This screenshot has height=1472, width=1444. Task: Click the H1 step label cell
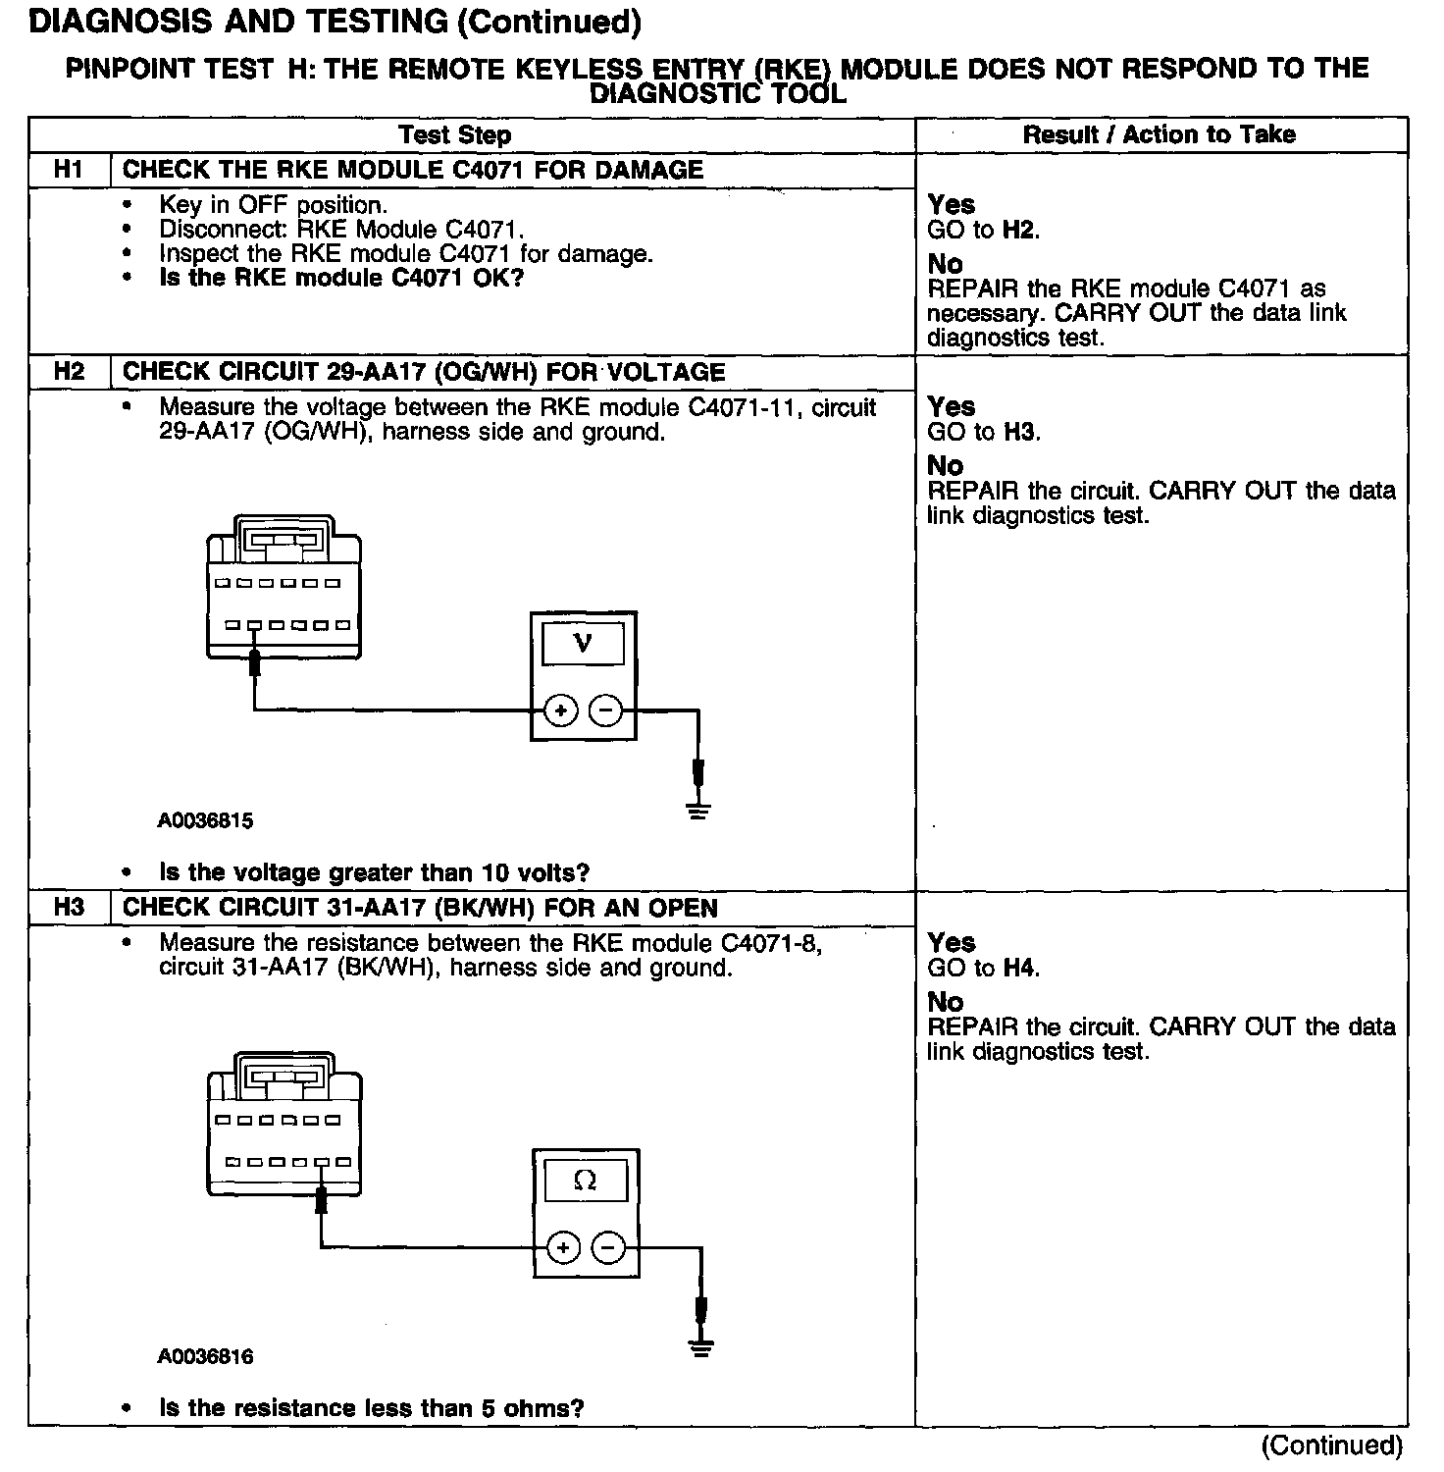69,170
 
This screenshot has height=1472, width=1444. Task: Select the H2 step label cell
69,372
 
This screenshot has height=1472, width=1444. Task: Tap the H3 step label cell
69,908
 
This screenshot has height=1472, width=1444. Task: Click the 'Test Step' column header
455,135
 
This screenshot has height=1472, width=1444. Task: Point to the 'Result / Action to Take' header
1159,135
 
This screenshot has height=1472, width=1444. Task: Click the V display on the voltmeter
583,644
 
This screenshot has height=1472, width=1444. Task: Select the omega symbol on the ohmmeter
585,1181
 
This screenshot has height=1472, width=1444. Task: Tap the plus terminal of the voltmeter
560,710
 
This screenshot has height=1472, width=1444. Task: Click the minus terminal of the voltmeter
606,710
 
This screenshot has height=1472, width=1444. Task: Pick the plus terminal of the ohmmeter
563,1247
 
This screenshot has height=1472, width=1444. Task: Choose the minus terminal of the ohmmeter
609,1247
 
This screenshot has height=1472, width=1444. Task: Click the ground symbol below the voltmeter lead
697,811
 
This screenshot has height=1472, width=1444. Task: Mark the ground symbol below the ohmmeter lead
700,1347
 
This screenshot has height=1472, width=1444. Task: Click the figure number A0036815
205,820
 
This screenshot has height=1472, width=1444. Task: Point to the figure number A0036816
205,1357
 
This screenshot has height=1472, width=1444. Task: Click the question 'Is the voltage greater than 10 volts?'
374,872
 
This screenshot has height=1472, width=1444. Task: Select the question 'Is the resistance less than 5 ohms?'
371,1409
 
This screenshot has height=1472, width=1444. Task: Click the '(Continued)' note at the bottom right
1331,1446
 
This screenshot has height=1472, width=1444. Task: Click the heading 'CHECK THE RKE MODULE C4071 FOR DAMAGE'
413,170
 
